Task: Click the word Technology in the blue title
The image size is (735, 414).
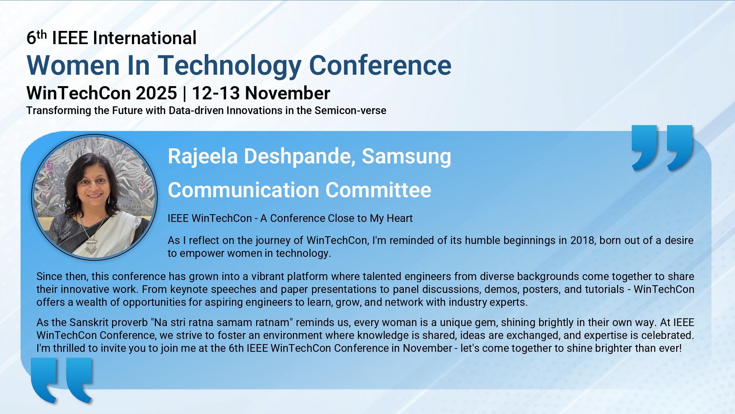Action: tap(230, 66)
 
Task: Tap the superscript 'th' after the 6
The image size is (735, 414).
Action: tap(42, 34)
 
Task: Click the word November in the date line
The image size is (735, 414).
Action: tap(287, 93)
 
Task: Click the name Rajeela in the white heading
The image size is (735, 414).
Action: tap(203, 156)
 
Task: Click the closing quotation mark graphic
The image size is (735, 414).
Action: tap(662, 148)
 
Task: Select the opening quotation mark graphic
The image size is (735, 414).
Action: tap(62, 380)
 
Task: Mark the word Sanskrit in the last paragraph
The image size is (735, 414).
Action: tap(90, 322)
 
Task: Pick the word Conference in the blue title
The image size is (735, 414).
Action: tap(380, 66)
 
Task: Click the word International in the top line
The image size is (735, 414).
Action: tap(144, 38)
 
